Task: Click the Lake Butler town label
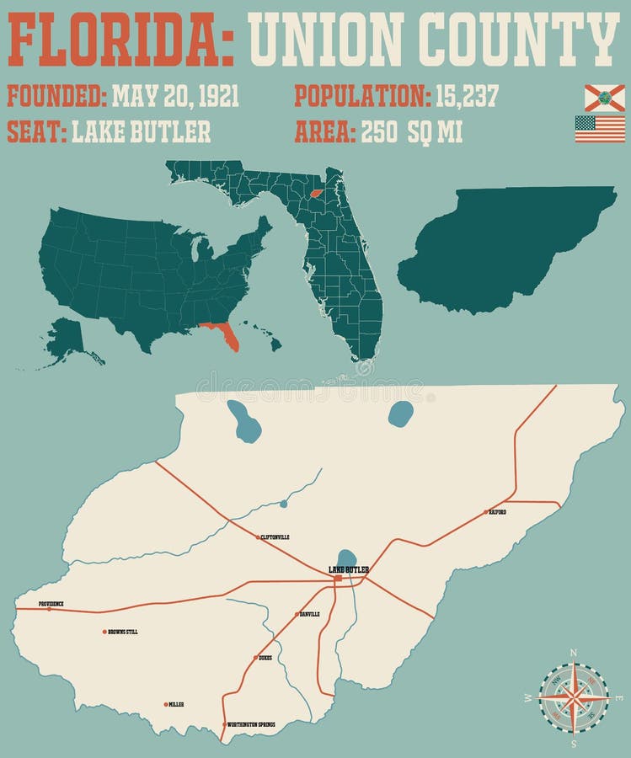349,570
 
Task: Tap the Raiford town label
497,511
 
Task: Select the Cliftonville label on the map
275,536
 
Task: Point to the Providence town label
51,604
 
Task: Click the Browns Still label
123,631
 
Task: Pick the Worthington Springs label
251,724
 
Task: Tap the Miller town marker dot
166,704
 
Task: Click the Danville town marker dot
297,615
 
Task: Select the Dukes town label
265,658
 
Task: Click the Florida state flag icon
605,98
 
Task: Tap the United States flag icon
600,129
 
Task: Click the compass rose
573,697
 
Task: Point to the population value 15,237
467,96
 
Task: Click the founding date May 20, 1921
175,96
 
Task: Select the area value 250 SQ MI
412,132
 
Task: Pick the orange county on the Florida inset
317,192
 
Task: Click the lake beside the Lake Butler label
345,558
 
